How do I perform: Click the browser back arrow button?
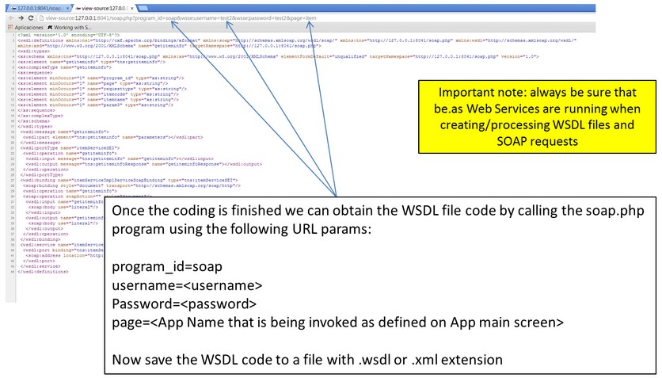(9, 17)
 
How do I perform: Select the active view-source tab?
(103, 6)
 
